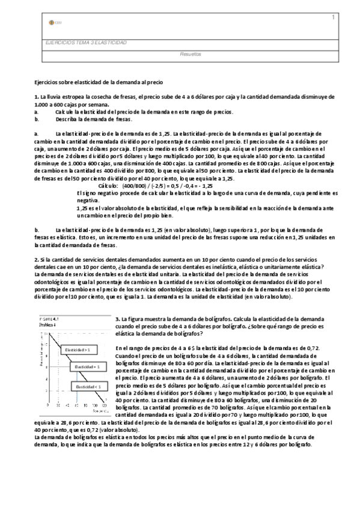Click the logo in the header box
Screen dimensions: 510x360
tap(52, 23)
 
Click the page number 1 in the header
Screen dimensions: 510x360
tap(333, 17)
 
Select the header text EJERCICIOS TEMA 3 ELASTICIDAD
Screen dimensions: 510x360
tap(86, 43)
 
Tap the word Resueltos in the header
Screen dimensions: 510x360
tap(191, 54)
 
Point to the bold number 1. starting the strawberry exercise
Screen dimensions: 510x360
tap(36, 97)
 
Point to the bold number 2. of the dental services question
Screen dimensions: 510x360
tap(36, 259)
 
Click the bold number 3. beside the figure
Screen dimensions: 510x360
tap(117, 319)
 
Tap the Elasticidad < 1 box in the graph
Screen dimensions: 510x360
tap(90, 387)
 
